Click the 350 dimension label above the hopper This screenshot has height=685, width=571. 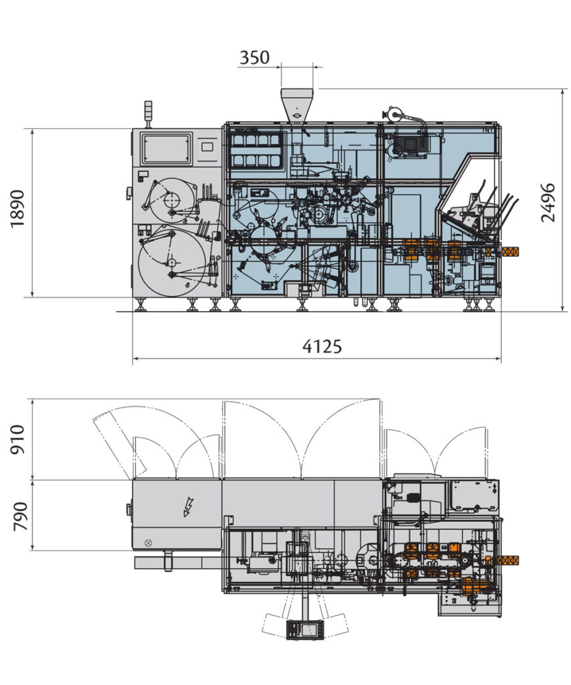point(254,58)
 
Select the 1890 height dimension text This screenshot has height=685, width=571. point(17,208)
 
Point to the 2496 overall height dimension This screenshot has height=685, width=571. point(548,202)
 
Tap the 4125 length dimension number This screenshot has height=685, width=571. point(322,346)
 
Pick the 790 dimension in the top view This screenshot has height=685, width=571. point(17,516)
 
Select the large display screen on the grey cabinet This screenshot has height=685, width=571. point(166,148)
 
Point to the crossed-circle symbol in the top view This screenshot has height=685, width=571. point(148,543)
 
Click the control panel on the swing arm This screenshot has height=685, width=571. point(305,629)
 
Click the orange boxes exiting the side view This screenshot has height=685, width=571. point(509,252)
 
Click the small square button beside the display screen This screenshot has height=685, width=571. point(207,146)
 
